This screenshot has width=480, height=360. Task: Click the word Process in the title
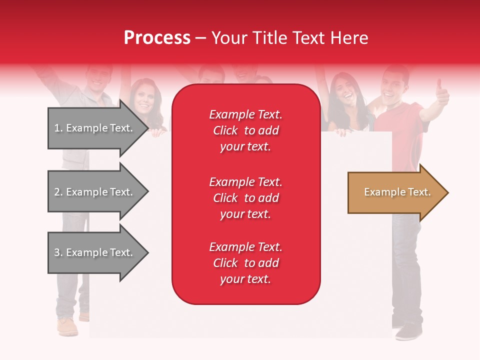[157, 38]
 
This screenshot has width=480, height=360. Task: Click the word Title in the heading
[269, 38]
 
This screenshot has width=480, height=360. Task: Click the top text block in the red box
[245, 130]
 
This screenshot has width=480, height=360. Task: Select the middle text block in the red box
[245, 198]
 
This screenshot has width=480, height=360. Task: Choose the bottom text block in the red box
[245, 263]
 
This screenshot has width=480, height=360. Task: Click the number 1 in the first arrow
[57, 128]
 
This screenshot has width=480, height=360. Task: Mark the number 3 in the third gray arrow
[57, 252]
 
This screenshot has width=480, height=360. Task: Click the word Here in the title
[350, 38]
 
